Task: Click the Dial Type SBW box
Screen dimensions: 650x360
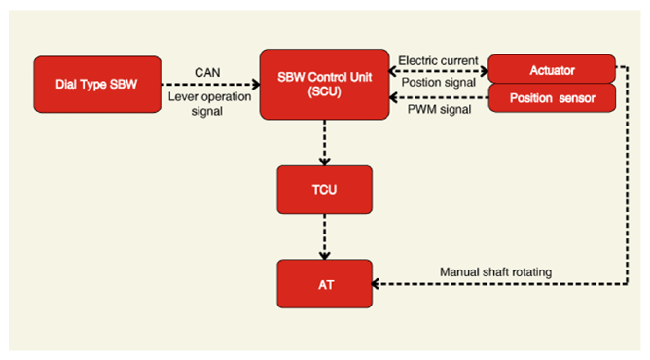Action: click(97, 84)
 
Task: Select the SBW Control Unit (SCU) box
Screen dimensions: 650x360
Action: click(325, 84)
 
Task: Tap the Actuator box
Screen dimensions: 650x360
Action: click(552, 69)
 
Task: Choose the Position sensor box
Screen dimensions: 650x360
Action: click(552, 98)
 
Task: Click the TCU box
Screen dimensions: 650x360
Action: click(325, 190)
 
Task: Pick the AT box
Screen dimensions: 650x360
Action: click(325, 284)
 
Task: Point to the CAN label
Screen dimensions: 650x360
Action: click(207, 73)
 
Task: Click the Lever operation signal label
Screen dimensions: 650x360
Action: click(209, 103)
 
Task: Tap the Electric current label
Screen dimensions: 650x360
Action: click(438, 60)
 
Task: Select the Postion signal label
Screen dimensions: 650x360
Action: click(439, 82)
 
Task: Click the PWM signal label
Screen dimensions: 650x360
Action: click(440, 109)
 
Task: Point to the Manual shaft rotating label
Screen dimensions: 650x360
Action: click(496, 271)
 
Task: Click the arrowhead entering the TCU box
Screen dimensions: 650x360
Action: click(325, 162)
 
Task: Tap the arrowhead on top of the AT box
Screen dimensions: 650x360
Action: click(325, 255)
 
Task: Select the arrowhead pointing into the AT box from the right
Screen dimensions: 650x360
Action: click(376, 284)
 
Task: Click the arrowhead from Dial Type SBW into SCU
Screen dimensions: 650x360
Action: click(256, 85)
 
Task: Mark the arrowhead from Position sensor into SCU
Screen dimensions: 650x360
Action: click(393, 97)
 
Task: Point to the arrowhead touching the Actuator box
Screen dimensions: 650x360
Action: click(484, 71)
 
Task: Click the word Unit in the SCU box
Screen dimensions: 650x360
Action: click(361, 77)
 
